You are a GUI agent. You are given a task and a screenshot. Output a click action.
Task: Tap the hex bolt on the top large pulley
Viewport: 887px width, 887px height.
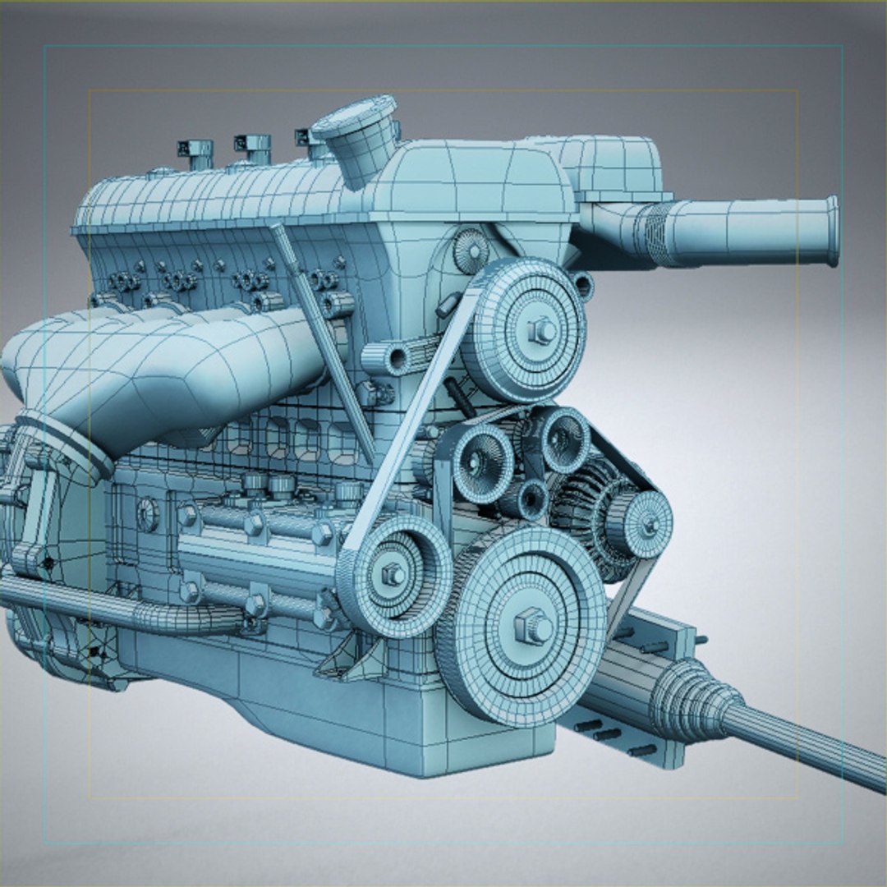542,330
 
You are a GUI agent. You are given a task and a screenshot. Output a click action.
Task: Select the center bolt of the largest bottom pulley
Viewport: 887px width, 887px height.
532,627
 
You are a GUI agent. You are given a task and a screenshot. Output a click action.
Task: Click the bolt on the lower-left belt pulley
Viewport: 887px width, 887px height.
393,574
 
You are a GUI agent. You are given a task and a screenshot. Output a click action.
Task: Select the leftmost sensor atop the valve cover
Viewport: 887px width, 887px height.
197,153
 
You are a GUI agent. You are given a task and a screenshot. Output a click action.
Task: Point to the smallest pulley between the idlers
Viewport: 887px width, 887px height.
526,498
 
